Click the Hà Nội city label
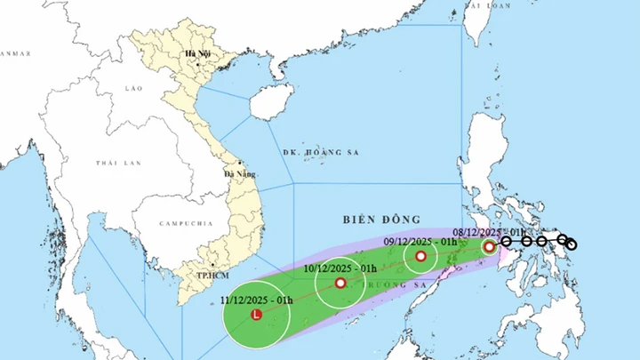tap(196, 55)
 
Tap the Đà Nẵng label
tap(240, 172)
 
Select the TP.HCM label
tap(210, 276)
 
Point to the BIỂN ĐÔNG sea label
tap(372, 217)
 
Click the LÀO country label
tap(133, 88)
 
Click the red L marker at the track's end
tap(257, 315)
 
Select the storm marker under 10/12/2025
tap(340, 284)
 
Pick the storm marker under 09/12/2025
tap(420, 257)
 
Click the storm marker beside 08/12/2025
tap(489, 246)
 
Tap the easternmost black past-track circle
tap(572, 244)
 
